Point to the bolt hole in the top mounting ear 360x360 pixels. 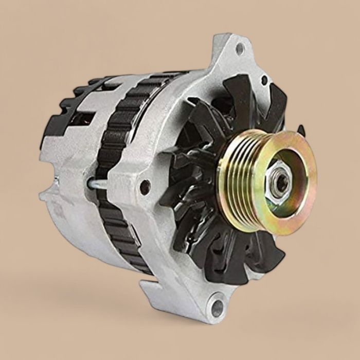point(239,49)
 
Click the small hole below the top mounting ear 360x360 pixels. point(264,80)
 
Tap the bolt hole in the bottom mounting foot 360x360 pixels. point(218,308)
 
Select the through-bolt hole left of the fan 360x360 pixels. point(145,186)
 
